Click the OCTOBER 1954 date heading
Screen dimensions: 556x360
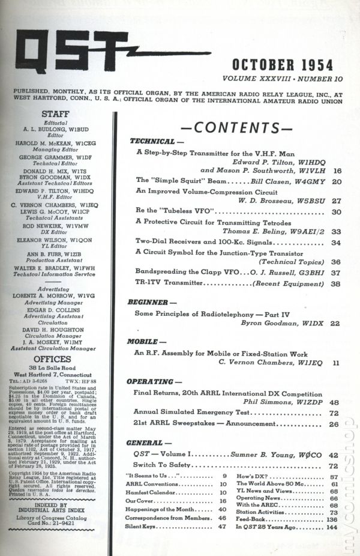click(x=289, y=64)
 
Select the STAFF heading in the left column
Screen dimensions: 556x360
click(x=55, y=113)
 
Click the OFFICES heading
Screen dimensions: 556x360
click(x=55, y=358)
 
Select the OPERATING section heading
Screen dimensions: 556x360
click(x=154, y=382)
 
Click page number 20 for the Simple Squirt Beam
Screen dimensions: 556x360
click(x=336, y=181)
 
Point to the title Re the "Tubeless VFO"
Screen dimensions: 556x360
click(x=175, y=212)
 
